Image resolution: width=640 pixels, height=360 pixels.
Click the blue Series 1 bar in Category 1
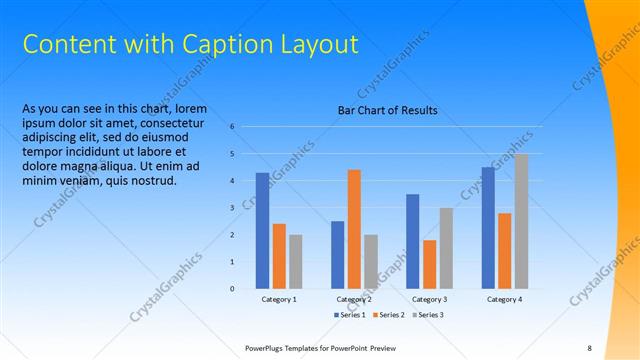262,231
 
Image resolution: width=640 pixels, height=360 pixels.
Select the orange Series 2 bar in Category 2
354,229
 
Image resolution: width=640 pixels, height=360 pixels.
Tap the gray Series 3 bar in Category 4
521,221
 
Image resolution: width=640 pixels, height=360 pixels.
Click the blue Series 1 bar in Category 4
488,228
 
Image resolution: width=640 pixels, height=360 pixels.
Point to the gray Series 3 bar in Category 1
295,262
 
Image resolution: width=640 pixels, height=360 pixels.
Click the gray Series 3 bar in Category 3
446,248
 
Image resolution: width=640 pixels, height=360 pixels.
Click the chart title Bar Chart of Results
387,110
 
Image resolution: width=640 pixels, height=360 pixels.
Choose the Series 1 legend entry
349,315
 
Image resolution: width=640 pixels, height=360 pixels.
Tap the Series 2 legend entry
391,315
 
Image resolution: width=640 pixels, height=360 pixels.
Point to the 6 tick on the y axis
232,127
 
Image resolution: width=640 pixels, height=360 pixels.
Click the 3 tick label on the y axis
232,208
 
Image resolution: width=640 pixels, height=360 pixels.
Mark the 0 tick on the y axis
232,289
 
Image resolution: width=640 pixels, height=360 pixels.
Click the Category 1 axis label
279,299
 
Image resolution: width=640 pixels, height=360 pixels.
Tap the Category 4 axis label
504,299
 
